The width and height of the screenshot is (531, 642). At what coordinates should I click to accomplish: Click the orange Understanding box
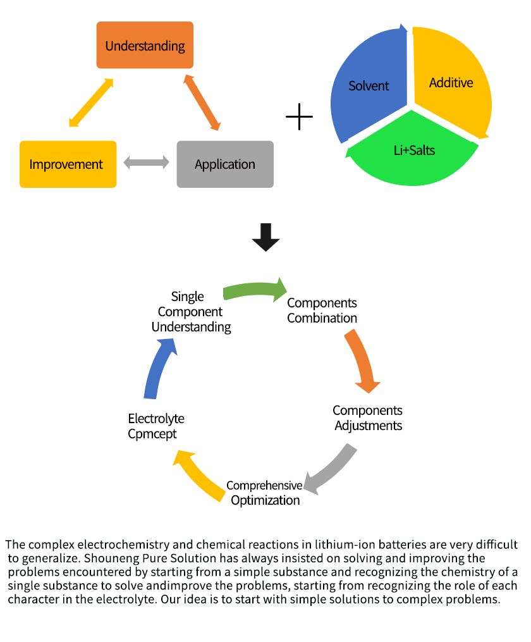tap(145, 45)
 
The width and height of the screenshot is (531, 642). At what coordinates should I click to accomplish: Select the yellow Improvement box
tap(68, 164)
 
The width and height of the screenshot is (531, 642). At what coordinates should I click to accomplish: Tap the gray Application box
tap(225, 164)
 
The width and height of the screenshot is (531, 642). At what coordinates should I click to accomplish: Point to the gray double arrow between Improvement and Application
tap(147, 163)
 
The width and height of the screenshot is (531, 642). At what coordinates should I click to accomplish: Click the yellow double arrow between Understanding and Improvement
tap(91, 102)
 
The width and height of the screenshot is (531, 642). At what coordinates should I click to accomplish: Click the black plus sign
tap(300, 118)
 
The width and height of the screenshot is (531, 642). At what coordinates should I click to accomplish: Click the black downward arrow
tap(265, 237)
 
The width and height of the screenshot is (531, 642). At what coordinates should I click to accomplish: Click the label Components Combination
tap(322, 311)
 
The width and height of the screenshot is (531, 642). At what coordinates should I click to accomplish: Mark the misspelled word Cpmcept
tap(152, 434)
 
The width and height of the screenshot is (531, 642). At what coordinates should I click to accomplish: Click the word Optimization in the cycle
tap(265, 500)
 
